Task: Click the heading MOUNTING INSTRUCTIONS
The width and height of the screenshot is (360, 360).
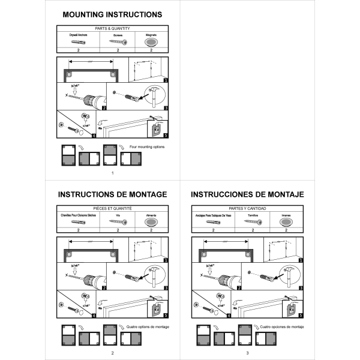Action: click(112, 14)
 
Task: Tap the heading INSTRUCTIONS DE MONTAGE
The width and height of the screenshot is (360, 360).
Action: click(112, 194)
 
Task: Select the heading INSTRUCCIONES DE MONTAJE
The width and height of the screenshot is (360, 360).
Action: click(247, 194)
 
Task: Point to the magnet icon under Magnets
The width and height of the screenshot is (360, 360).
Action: click(151, 43)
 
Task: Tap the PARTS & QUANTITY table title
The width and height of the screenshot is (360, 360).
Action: click(112, 28)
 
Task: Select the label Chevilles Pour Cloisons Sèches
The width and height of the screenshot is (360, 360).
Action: click(78, 215)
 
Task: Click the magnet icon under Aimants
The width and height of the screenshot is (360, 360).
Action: click(151, 223)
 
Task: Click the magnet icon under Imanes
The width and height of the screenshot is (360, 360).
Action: click(285, 223)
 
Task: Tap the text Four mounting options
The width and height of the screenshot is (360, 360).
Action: click(147, 146)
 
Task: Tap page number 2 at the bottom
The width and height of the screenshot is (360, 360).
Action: click(112, 352)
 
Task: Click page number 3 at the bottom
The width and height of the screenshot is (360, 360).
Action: click(247, 352)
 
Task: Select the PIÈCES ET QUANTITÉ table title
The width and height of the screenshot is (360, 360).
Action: click(112, 208)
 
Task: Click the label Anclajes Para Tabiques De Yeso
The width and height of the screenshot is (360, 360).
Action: click(212, 215)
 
